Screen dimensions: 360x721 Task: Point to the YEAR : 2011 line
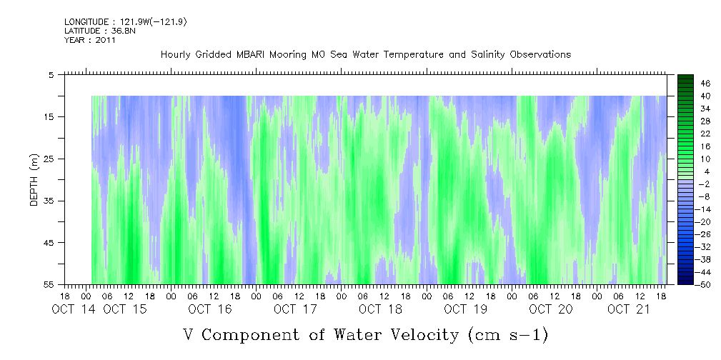coord(90,40)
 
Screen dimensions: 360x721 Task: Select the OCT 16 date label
coord(209,309)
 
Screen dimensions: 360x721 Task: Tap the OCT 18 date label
coord(380,309)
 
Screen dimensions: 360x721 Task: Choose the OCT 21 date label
coord(629,309)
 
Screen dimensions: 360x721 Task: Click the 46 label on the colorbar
coord(685,83)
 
